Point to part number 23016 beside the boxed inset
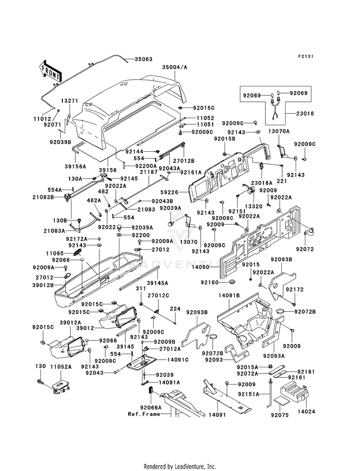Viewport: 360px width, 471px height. pyautogui.click(x=305, y=113)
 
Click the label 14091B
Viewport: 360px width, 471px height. pyautogui.click(x=229, y=296)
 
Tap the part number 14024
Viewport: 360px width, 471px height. pyautogui.click(x=306, y=411)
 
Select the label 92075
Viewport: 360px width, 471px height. pyautogui.click(x=279, y=415)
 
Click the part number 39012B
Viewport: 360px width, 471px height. pyautogui.click(x=43, y=285)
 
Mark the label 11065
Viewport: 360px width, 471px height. pyautogui.click(x=55, y=254)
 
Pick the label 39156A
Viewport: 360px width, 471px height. pyautogui.click(x=75, y=166)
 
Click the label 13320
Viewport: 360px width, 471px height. pyautogui.click(x=253, y=206)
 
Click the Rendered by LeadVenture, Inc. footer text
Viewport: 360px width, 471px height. pyautogui.click(x=180, y=466)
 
